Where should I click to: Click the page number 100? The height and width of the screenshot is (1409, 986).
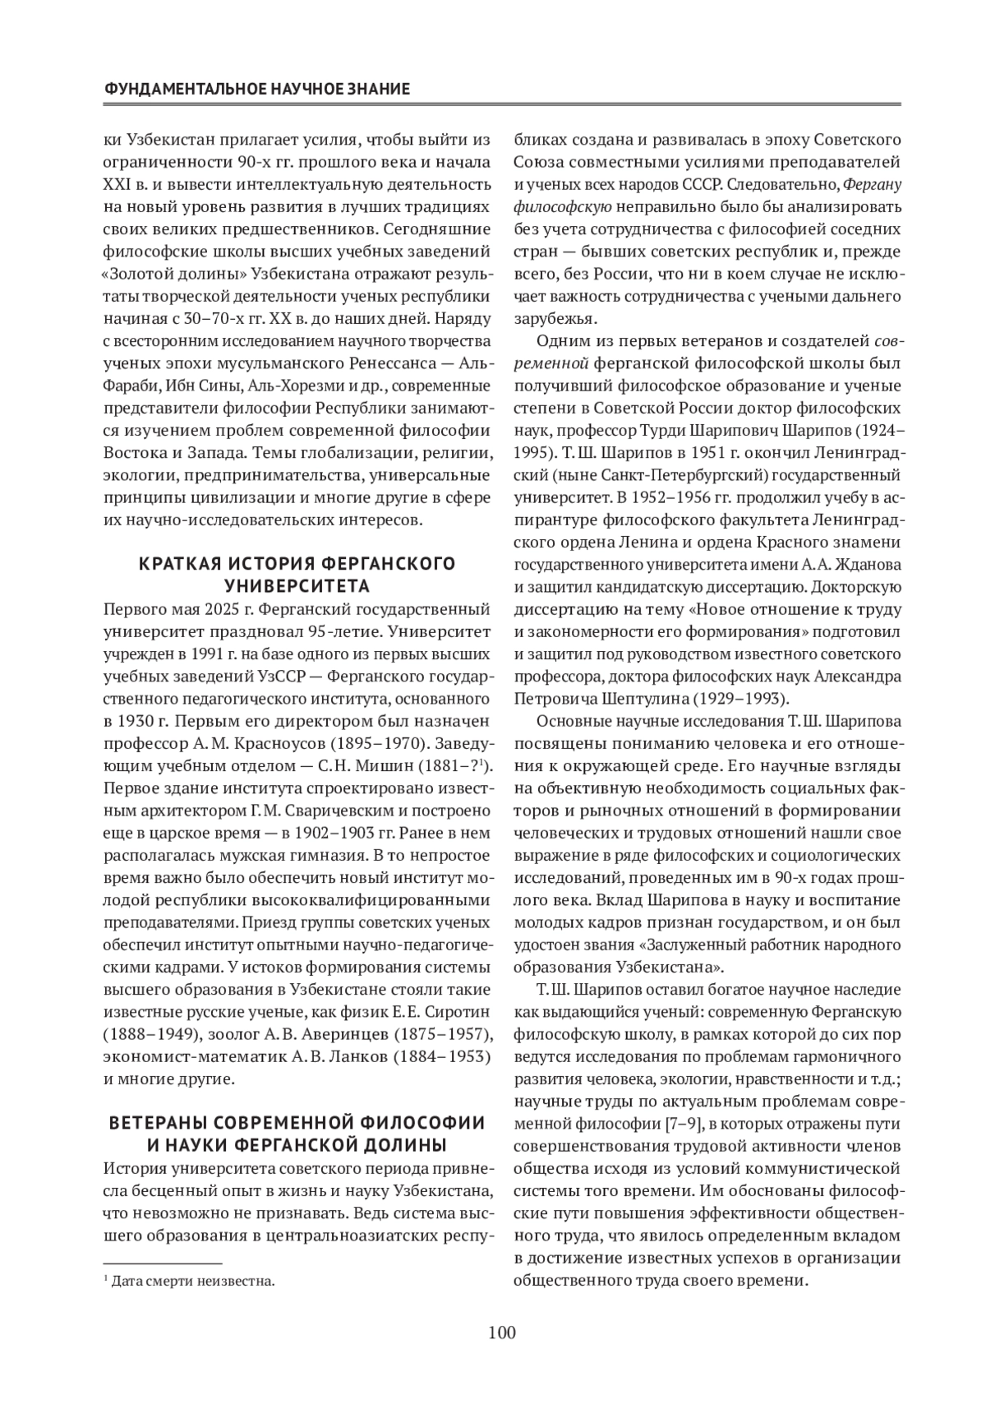tap(501, 1333)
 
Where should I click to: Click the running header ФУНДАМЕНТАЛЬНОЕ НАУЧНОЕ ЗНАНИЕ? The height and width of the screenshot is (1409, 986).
tap(257, 88)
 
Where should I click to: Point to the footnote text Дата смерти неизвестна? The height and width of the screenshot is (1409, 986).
tap(193, 1281)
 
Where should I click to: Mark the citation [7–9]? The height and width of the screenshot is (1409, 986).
tap(681, 1123)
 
